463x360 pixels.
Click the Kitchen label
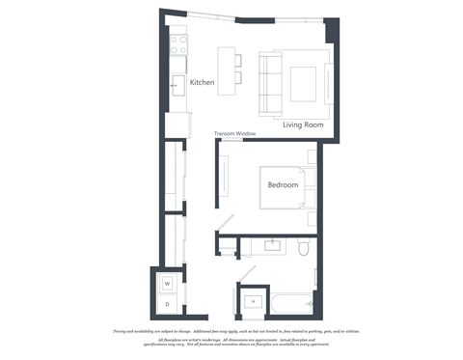(x=202, y=83)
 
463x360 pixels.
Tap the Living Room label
(x=303, y=125)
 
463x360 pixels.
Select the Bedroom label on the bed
(x=283, y=185)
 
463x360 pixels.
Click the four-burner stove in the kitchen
(x=178, y=43)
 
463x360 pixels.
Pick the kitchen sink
(x=177, y=84)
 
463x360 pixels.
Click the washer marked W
(x=166, y=284)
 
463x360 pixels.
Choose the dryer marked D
(x=166, y=305)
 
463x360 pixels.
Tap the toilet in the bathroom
(x=303, y=250)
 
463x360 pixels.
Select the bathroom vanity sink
(x=273, y=245)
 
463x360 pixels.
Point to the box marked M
(x=253, y=303)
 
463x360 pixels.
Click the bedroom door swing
(x=223, y=224)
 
